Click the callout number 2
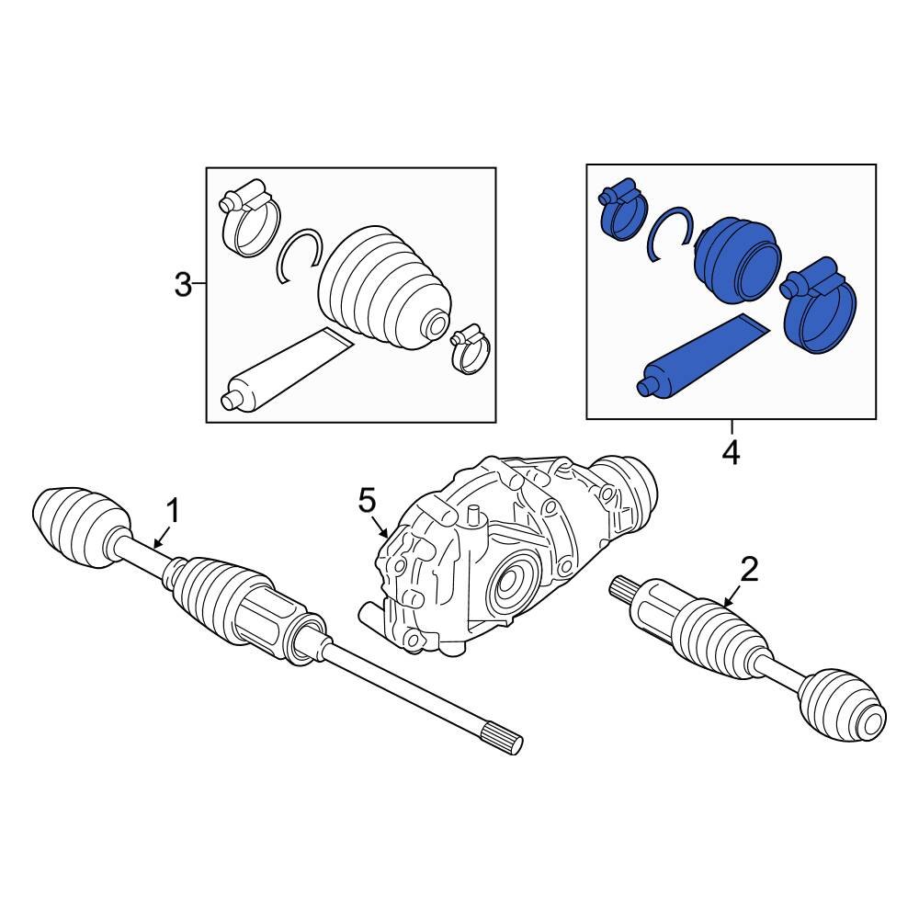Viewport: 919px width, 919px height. coord(749,570)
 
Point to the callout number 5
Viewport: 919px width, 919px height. coord(367,501)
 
